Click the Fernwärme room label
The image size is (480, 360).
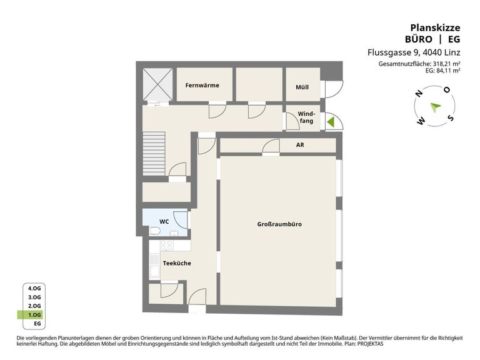[x=202, y=85]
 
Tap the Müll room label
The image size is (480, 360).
[x=302, y=87]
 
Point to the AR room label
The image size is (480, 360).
[x=299, y=144]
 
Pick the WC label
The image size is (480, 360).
[x=164, y=221]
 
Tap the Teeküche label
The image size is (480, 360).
[x=176, y=263]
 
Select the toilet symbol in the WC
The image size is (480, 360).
[x=154, y=232]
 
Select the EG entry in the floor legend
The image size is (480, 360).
[x=37, y=324]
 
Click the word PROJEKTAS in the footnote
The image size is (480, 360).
[x=369, y=344]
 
